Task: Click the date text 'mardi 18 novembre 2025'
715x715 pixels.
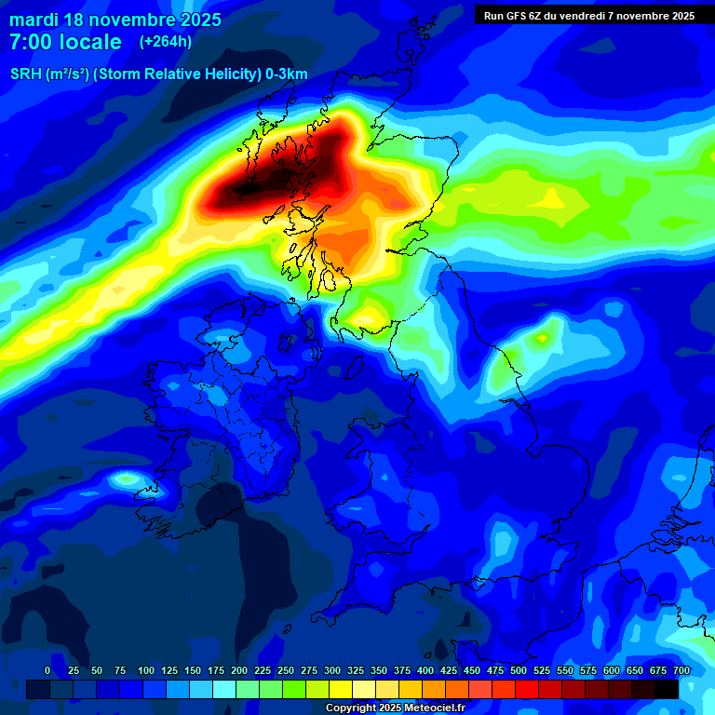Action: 115,20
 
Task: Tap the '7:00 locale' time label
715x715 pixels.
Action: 65,42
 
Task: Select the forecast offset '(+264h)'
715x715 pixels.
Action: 166,41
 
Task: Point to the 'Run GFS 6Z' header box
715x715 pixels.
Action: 588,15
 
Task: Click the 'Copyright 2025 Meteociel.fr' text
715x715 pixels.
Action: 395,708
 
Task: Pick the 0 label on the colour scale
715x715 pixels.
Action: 47,670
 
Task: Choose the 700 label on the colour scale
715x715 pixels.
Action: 681,670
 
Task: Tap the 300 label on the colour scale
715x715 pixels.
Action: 332,670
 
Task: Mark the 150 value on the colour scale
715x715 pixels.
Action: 193,670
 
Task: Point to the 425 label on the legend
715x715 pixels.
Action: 449,670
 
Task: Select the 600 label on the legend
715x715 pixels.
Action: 612,670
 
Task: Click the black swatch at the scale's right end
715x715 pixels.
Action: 667,689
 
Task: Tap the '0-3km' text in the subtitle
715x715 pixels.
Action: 287,74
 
